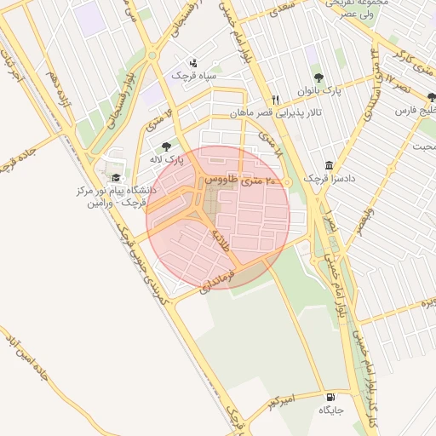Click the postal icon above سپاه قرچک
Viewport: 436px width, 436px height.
194,62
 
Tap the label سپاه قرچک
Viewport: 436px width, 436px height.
194,76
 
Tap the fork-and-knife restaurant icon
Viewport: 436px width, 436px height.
274,99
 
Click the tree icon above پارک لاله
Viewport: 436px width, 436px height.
166,146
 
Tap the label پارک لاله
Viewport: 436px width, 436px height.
168,160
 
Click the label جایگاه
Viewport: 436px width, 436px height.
331,410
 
